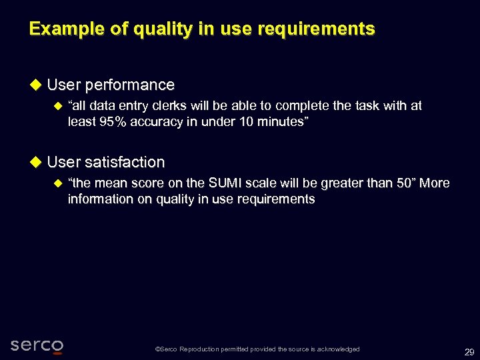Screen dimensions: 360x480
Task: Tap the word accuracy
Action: (159, 122)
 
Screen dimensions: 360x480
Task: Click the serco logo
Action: (37, 345)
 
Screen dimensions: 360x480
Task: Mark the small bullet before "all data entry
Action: (57, 105)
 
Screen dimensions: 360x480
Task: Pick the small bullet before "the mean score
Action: (57, 183)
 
